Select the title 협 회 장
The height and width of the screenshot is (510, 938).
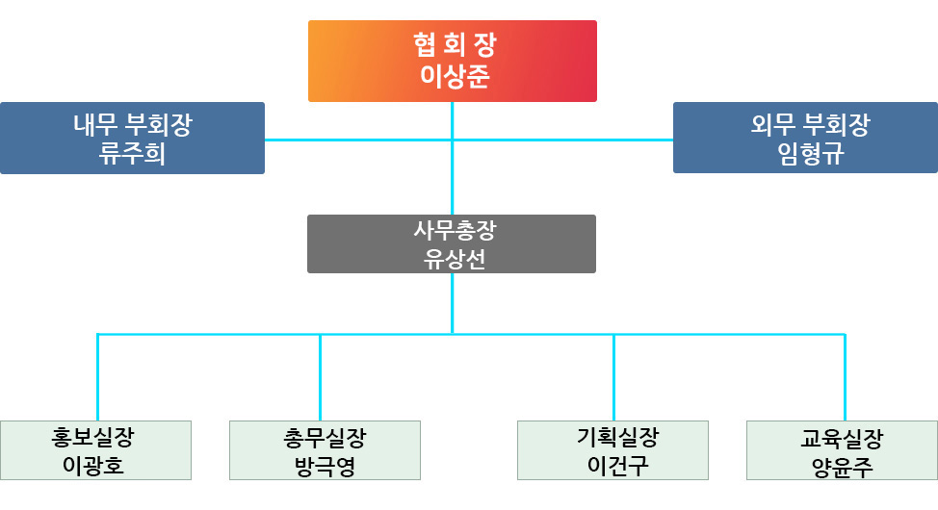(x=454, y=44)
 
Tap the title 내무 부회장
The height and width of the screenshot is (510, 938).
(x=132, y=125)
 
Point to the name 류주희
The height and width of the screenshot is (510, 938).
(x=132, y=154)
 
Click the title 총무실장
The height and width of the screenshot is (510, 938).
(x=326, y=438)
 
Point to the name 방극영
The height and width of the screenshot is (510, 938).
(x=326, y=467)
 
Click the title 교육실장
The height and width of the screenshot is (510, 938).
(x=841, y=439)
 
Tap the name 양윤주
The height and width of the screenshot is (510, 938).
(x=841, y=468)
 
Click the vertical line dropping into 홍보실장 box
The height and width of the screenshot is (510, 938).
(x=97, y=377)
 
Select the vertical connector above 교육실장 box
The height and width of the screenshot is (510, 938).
(x=845, y=377)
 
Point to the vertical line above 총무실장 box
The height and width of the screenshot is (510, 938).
(x=320, y=377)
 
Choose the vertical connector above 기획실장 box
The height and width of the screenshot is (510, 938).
(x=613, y=377)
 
